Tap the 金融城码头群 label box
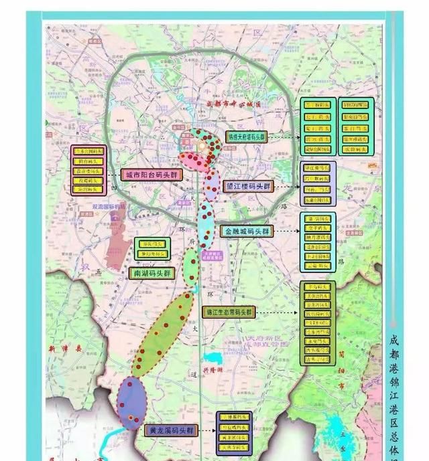(x=247, y=231)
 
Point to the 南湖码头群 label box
(x=151, y=273)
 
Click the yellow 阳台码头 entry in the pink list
(x=89, y=161)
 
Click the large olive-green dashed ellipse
(x=161, y=333)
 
